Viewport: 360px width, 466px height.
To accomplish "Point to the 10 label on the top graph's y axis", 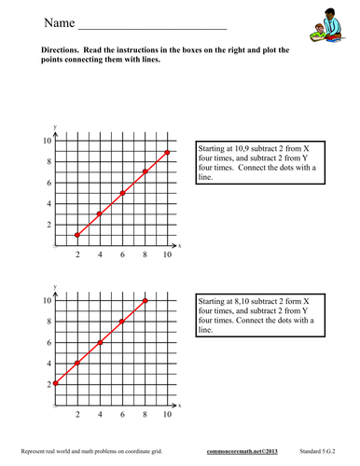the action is tap(43, 141).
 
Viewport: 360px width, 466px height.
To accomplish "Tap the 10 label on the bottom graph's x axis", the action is tap(168, 414).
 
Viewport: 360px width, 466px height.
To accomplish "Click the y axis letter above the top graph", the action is tap(56, 127).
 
